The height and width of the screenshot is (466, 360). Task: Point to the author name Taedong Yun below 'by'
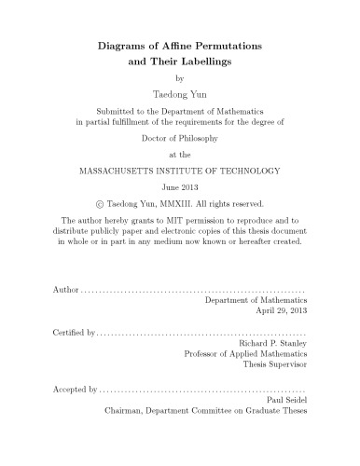click(x=181, y=95)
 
